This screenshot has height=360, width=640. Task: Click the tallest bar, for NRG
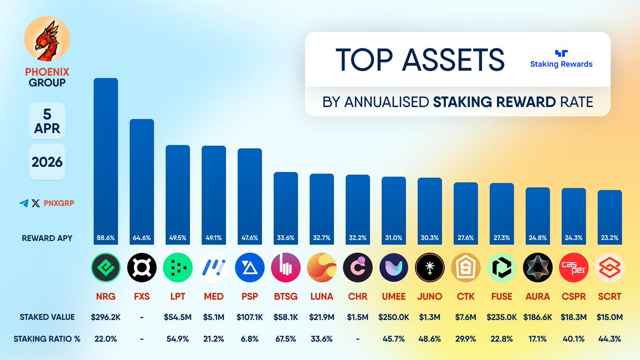tap(106, 160)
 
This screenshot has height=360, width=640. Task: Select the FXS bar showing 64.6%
tap(142, 181)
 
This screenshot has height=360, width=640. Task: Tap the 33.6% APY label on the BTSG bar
tap(285, 237)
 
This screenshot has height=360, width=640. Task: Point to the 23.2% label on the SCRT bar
tap(610, 237)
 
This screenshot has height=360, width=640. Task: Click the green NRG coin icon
tap(106, 267)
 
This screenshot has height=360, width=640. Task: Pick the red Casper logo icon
tap(573, 267)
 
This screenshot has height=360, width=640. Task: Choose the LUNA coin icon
tap(322, 267)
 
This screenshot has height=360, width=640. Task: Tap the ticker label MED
tap(214, 296)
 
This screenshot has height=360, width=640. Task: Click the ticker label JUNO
tap(429, 296)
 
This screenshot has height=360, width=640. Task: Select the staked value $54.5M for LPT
tap(178, 317)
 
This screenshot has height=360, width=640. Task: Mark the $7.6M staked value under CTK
tap(466, 317)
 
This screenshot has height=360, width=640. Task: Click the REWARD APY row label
tap(47, 237)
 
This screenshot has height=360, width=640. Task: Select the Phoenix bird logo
tap(47, 40)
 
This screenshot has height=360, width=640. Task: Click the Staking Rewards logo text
tap(561, 64)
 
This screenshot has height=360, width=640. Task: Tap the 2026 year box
tap(47, 162)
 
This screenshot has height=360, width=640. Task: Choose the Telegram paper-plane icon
tap(23, 203)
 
